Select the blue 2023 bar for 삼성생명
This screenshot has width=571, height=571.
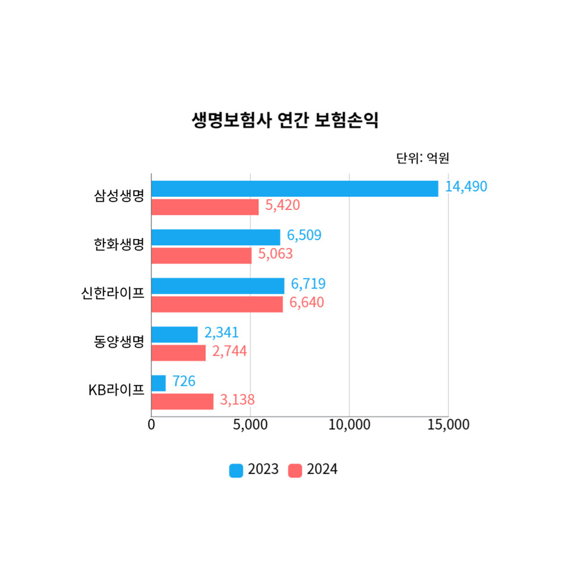(294, 188)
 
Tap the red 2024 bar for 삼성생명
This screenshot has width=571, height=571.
(205, 207)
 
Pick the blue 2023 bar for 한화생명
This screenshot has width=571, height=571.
(215, 237)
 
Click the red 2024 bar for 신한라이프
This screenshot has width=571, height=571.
(217, 304)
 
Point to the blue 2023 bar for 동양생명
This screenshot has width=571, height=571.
(174, 334)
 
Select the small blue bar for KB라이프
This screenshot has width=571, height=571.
(158, 383)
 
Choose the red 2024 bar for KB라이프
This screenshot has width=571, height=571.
(182, 401)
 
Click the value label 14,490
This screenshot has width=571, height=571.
(466, 187)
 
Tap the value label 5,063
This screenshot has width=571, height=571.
(275, 255)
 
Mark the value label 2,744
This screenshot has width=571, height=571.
(230, 352)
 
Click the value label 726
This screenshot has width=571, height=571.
(184, 381)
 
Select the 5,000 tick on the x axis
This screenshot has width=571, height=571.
(250, 425)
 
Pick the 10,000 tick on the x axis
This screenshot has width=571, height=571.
(349, 425)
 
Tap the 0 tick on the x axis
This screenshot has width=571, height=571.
(152, 425)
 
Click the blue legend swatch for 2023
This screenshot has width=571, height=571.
(236, 470)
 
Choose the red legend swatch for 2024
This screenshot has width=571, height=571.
(295, 470)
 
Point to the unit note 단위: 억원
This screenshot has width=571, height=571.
(422, 158)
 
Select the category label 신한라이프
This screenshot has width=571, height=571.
(113, 293)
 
